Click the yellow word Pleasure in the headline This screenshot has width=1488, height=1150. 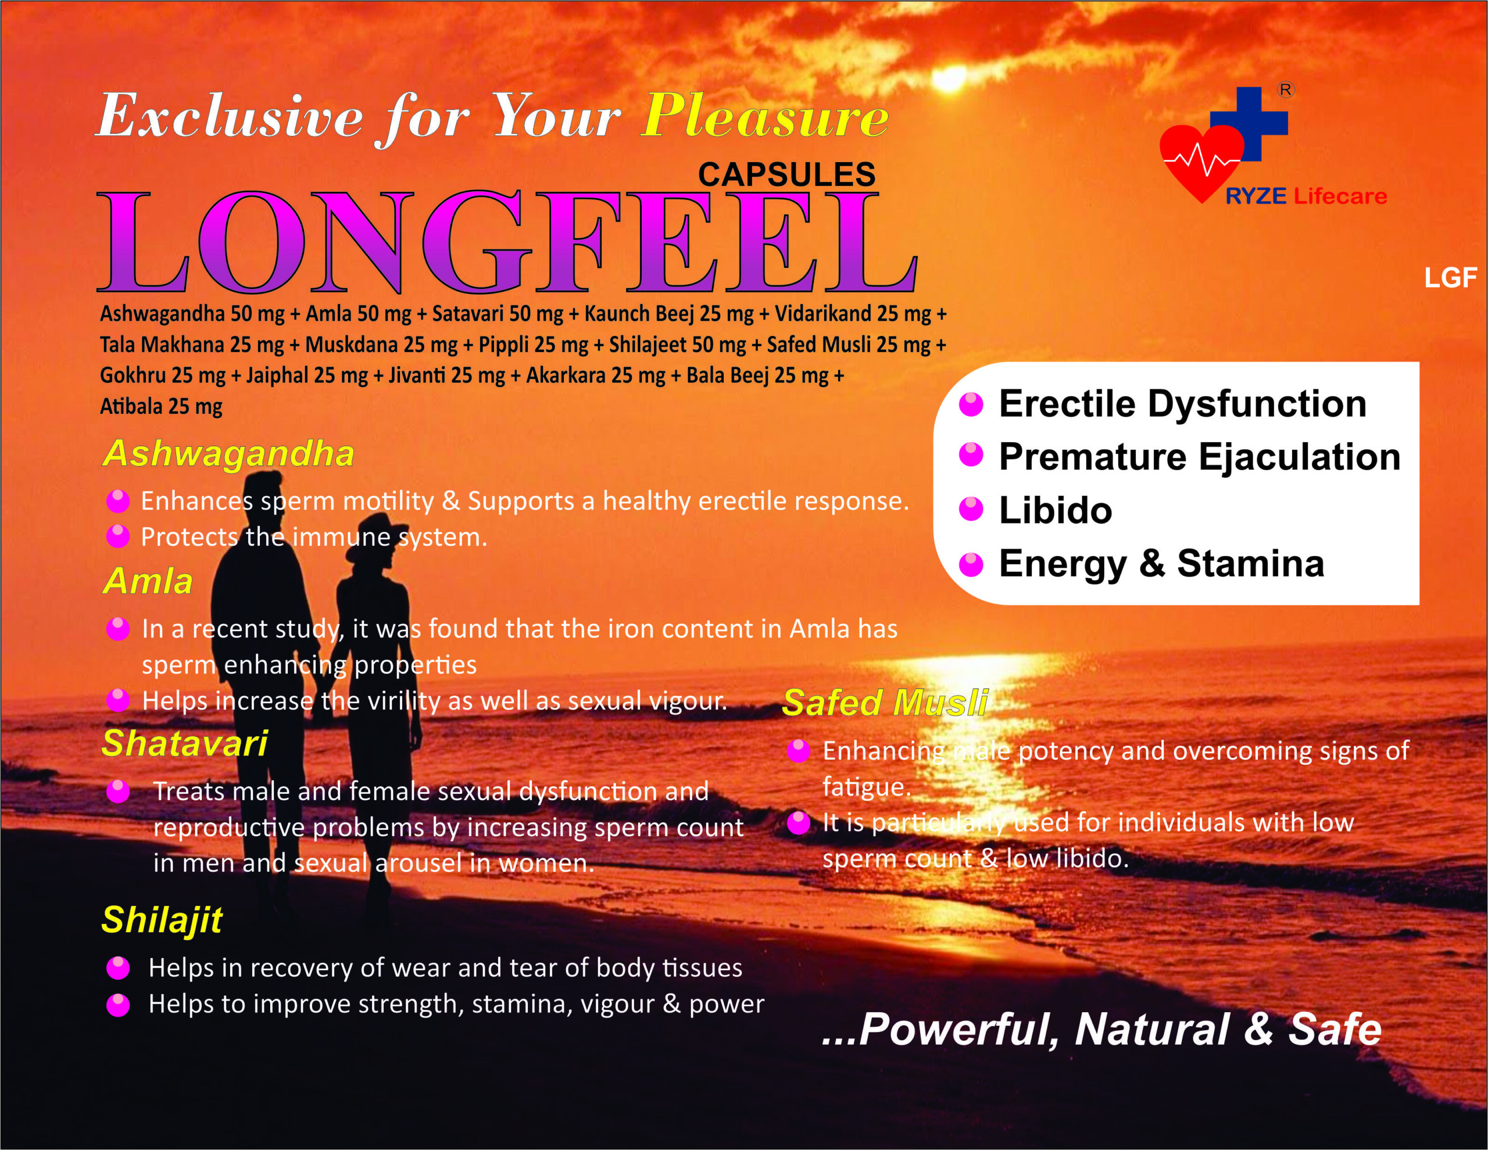[765, 116]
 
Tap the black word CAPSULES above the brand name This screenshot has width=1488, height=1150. [786, 174]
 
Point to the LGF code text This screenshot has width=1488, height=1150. [1450, 278]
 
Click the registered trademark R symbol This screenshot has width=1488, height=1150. [1286, 90]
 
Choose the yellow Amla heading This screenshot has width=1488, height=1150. [148, 581]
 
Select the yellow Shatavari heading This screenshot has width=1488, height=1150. [185, 743]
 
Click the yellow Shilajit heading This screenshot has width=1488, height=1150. [162, 920]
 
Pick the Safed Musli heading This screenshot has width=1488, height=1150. [885, 703]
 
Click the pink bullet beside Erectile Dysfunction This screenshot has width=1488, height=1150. [971, 404]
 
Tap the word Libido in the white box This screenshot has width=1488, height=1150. [1056, 510]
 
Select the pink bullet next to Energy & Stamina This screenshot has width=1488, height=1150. [971, 564]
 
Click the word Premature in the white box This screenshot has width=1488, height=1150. [1092, 457]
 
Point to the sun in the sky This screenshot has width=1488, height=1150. [950, 78]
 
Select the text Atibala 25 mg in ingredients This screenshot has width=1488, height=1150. [162, 407]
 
